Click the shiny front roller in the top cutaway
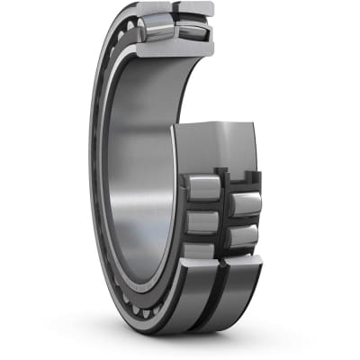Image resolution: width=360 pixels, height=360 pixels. pos(158,28)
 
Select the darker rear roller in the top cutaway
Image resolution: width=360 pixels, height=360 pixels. pos(195,30)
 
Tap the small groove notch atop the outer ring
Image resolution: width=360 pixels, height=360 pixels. pos(175,9)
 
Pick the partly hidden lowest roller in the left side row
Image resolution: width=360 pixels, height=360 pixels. pos(200,250)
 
